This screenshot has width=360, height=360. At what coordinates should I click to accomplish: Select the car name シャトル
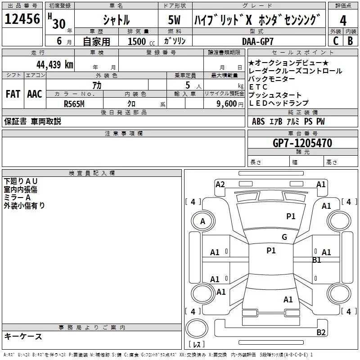click(116, 20)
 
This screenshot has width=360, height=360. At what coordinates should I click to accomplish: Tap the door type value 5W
click(175, 20)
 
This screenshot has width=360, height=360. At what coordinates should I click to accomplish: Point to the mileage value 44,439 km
click(55, 64)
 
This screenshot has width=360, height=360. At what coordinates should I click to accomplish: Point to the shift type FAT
click(13, 94)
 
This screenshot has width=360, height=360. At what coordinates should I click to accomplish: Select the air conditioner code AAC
click(35, 94)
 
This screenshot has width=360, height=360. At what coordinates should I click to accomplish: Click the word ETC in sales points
click(258, 87)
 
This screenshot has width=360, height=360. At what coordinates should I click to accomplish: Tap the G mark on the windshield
click(284, 237)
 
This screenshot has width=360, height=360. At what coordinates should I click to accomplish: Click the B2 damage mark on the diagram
click(321, 332)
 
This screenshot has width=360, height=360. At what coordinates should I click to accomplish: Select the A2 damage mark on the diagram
click(220, 184)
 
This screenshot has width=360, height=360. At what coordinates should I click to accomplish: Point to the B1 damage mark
click(317, 260)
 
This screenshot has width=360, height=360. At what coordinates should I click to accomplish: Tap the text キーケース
click(23, 336)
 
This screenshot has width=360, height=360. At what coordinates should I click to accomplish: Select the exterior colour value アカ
click(97, 85)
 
